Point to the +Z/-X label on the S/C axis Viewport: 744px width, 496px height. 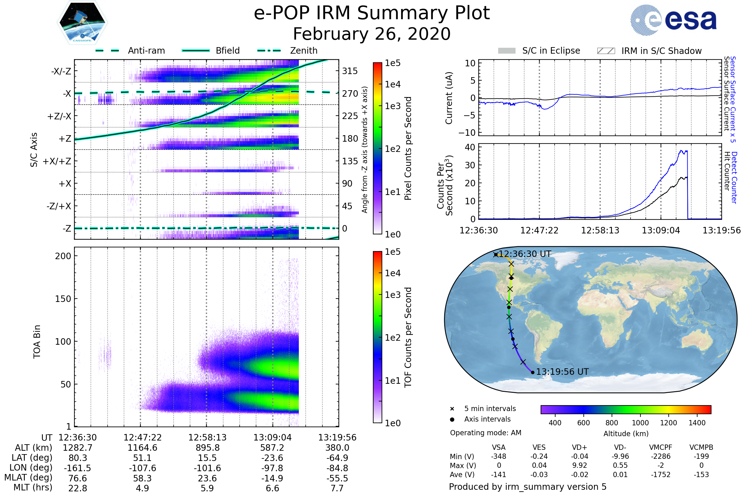(x=59, y=117)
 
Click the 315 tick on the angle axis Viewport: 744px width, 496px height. (x=350, y=71)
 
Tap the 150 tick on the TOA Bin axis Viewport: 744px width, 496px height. (x=63, y=299)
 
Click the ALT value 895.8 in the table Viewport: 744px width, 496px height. (x=207, y=448)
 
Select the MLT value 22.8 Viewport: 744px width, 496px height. (x=77, y=488)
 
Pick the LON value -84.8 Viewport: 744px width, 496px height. (x=337, y=468)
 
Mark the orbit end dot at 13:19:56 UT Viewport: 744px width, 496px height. (x=533, y=372)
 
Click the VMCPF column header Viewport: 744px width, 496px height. (x=661, y=448)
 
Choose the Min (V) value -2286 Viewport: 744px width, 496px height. (x=661, y=456)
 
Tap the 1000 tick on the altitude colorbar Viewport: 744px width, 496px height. (x=640, y=423)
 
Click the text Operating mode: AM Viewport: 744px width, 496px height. (x=485, y=433)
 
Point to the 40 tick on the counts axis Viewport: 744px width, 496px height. (x=470, y=148)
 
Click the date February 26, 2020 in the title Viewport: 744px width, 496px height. (x=372, y=34)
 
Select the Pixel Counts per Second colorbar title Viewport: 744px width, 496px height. (x=408, y=148)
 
